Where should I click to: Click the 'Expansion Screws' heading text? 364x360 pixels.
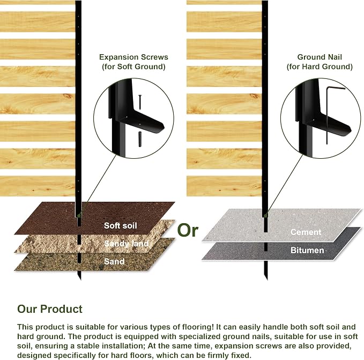tap(133, 57)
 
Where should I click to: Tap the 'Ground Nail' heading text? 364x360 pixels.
tap(320, 57)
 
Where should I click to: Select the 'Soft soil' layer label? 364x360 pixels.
tap(120, 225)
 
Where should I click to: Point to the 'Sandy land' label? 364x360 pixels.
tap(127, 244)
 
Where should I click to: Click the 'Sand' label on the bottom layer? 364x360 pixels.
tap(114, 261)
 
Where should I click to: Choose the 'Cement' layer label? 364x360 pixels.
tap(306, 232)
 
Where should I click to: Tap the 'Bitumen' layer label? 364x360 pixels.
tap(307, 251)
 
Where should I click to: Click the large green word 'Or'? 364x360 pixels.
tap(188, 230)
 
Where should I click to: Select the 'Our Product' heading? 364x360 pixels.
tap(50, 309)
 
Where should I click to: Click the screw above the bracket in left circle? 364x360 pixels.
tap(140, 102)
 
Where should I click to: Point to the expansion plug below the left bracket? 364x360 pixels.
tap(140, 139)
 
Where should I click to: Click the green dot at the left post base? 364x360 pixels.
tap(79, 215)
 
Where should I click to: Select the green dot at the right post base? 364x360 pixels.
tap(265, 216)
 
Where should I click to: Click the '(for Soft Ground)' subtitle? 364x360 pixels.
tap(133, 67)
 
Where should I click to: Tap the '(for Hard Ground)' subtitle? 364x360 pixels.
tap(320, 67)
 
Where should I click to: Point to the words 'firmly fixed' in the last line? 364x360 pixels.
tap(229, 355)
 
